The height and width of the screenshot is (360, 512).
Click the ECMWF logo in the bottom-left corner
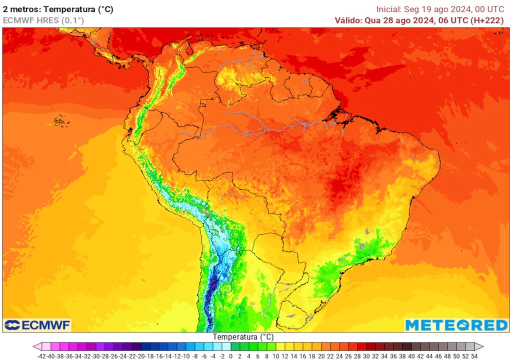(x=37, y=325)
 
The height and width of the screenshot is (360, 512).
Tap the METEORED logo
(x=456, y=325)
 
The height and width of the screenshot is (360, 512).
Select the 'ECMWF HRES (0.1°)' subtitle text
(x=43, y=20)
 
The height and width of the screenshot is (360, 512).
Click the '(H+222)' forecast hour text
(x=487, y=20)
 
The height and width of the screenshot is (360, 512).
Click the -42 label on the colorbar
(x=42, y=355)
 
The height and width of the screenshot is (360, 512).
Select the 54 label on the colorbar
(x=474, y=355)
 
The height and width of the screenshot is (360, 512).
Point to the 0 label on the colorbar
(x=231, y=355)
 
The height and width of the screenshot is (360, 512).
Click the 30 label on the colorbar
(x=366, y=355)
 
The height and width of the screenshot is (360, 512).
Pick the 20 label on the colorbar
(x=321, y=355)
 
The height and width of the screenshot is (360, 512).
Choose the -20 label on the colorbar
(x=141, y=355)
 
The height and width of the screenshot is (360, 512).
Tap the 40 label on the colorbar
(x=411, y=355)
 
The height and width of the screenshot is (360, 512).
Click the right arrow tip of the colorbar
(x=482, y=346)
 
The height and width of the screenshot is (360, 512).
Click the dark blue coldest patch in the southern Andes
(x=212, y=287)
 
